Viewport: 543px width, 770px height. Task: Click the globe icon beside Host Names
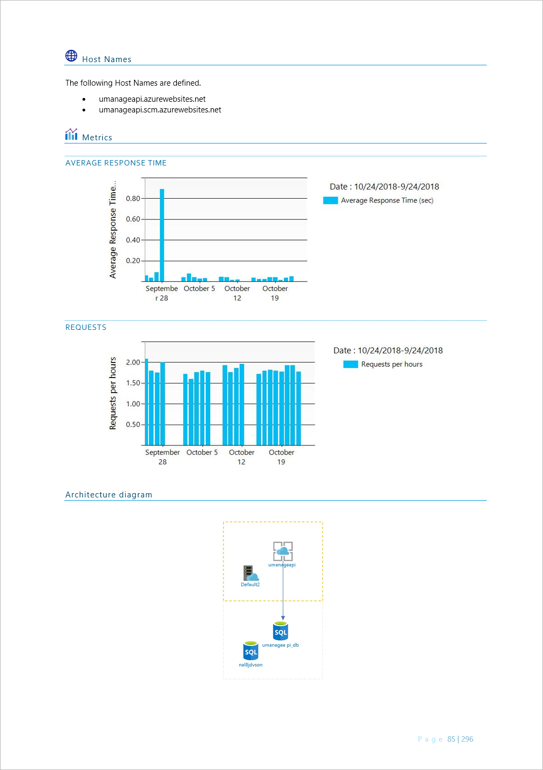click(x=71, y=56)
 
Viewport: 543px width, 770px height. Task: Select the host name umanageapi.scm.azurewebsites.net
click(x=160, y=110)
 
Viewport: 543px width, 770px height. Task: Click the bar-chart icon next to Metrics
click(x=71, y=134)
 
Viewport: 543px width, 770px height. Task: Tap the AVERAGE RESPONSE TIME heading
click(x=116, y=163)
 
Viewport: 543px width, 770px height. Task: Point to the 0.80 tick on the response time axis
click(x=133, y=199)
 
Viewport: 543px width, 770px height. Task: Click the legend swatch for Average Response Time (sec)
click(x=330, y=200)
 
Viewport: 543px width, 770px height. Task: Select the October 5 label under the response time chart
click(x=199, y=289)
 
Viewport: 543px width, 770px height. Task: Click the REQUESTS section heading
click(x=86, y=327)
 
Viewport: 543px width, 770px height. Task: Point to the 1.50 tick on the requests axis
click(x=133, y=383)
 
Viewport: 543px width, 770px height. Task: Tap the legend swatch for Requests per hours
click(x=351, y=364)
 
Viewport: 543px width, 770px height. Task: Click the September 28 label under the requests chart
click(x=162, y=457)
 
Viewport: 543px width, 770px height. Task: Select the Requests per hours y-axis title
click(x=113, y=393)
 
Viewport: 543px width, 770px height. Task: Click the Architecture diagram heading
click(x=109, y=495)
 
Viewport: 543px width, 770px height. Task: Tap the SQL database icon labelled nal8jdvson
click(x=251, y=651)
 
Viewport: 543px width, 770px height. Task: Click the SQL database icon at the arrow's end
click(x=280, y=631)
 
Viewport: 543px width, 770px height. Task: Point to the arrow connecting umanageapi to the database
click(x=283, y=592)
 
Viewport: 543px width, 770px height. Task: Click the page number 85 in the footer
click(x=451, y=739)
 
